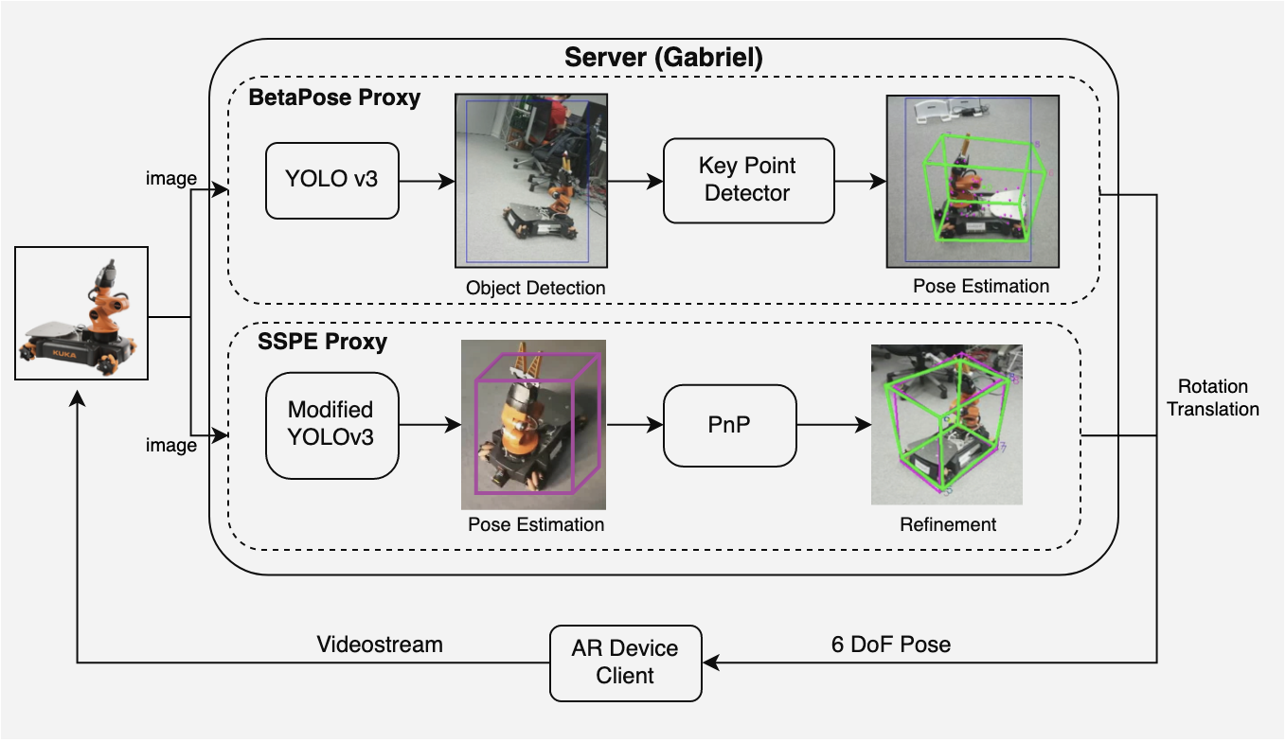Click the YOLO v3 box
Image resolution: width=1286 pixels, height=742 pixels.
point(331,179)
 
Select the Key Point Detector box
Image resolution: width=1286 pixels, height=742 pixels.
point(748,180)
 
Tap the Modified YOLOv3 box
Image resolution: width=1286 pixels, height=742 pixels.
point(331,424)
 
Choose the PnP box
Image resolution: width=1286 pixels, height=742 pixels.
point(729,425)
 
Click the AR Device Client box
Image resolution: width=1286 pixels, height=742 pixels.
point(626,662)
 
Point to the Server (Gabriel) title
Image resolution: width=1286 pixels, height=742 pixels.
point(663,57)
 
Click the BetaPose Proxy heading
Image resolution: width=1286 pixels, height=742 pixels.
point(334,97)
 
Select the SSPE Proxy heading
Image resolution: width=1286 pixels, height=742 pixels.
point(322,342)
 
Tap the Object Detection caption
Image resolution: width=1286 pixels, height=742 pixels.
point(535,287)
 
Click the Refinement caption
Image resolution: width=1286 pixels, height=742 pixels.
point(948,523)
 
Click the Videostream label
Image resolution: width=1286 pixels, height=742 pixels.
point(379,645)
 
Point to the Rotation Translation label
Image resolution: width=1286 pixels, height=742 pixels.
point(1213,397)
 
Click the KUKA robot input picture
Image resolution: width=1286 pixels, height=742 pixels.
point(81,313)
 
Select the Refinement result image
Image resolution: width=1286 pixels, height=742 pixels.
point(947,424)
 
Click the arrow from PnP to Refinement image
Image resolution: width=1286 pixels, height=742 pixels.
point(833,425)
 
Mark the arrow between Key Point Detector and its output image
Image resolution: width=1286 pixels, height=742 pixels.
point(859,180)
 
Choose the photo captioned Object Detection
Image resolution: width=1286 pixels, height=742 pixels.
point(531,180)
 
